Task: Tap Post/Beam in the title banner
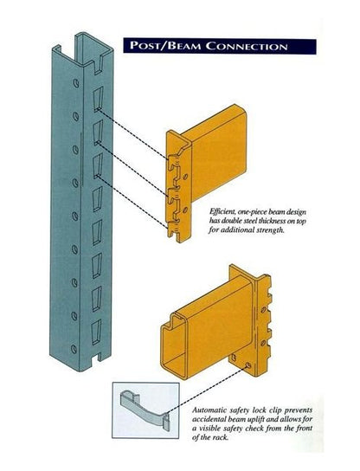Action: click(164, 44)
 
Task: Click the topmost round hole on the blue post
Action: click(77, 84)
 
